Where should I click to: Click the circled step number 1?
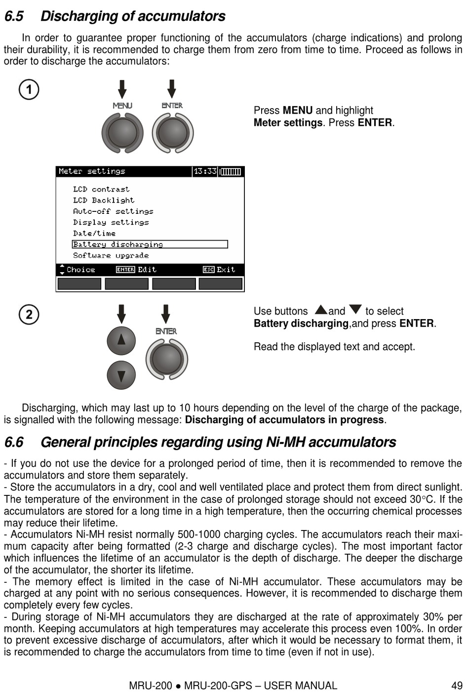point(29,89)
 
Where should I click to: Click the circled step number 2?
point(29,314)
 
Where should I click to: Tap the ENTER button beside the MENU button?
point(172,132)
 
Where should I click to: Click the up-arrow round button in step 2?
point(121,340)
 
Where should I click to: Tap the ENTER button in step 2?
point(167,359)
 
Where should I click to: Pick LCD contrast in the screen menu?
point(101,189)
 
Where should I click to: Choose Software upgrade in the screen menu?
point(111,255)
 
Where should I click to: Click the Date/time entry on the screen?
point(94,233)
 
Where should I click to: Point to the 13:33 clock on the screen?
point(205,171)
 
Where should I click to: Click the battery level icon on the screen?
point(231,171)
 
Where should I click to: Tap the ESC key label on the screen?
point(208,270)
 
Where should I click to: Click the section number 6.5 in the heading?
point(14,16)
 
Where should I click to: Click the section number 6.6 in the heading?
point(14,442)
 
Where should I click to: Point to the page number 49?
point(457,686)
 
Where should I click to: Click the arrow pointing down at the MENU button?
point(122,89)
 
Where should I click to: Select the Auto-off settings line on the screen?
point(113,211)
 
